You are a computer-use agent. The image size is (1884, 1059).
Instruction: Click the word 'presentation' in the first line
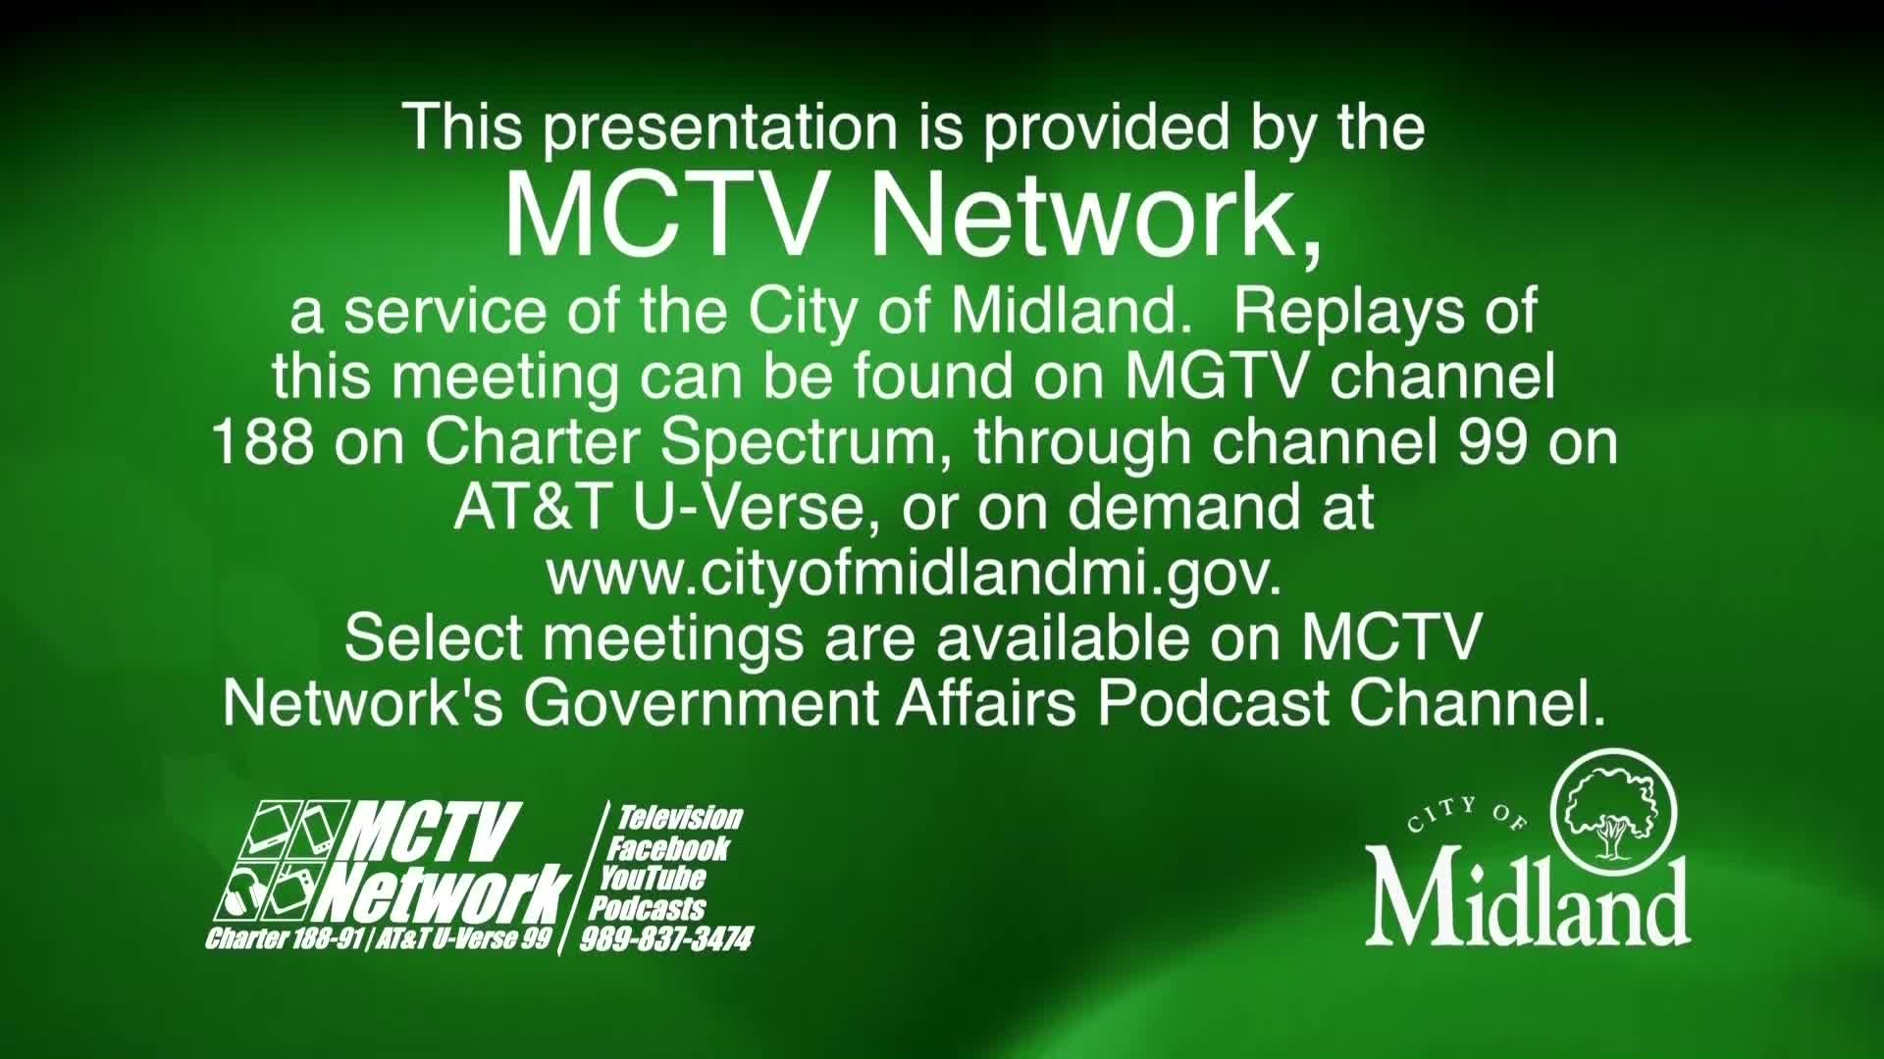pos(720,128)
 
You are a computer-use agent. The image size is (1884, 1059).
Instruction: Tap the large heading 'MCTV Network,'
pos(913,215)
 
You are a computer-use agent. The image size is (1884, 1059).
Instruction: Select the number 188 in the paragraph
pos(262,443)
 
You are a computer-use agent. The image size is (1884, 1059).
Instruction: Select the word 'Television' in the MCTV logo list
pos(679,818)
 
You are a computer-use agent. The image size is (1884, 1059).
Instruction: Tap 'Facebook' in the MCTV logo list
pos(668,848)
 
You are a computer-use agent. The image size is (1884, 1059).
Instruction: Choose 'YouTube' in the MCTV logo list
pos(653,878)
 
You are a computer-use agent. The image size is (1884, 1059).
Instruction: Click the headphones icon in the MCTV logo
pos(244,893)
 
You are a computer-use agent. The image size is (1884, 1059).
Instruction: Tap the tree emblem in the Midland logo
pos(1613,813)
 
